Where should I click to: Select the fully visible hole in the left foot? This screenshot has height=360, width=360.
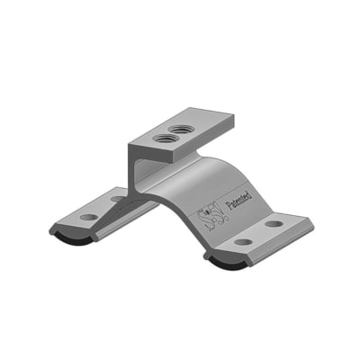(88, 217)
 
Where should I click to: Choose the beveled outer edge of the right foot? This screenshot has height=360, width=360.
(270, 247)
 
